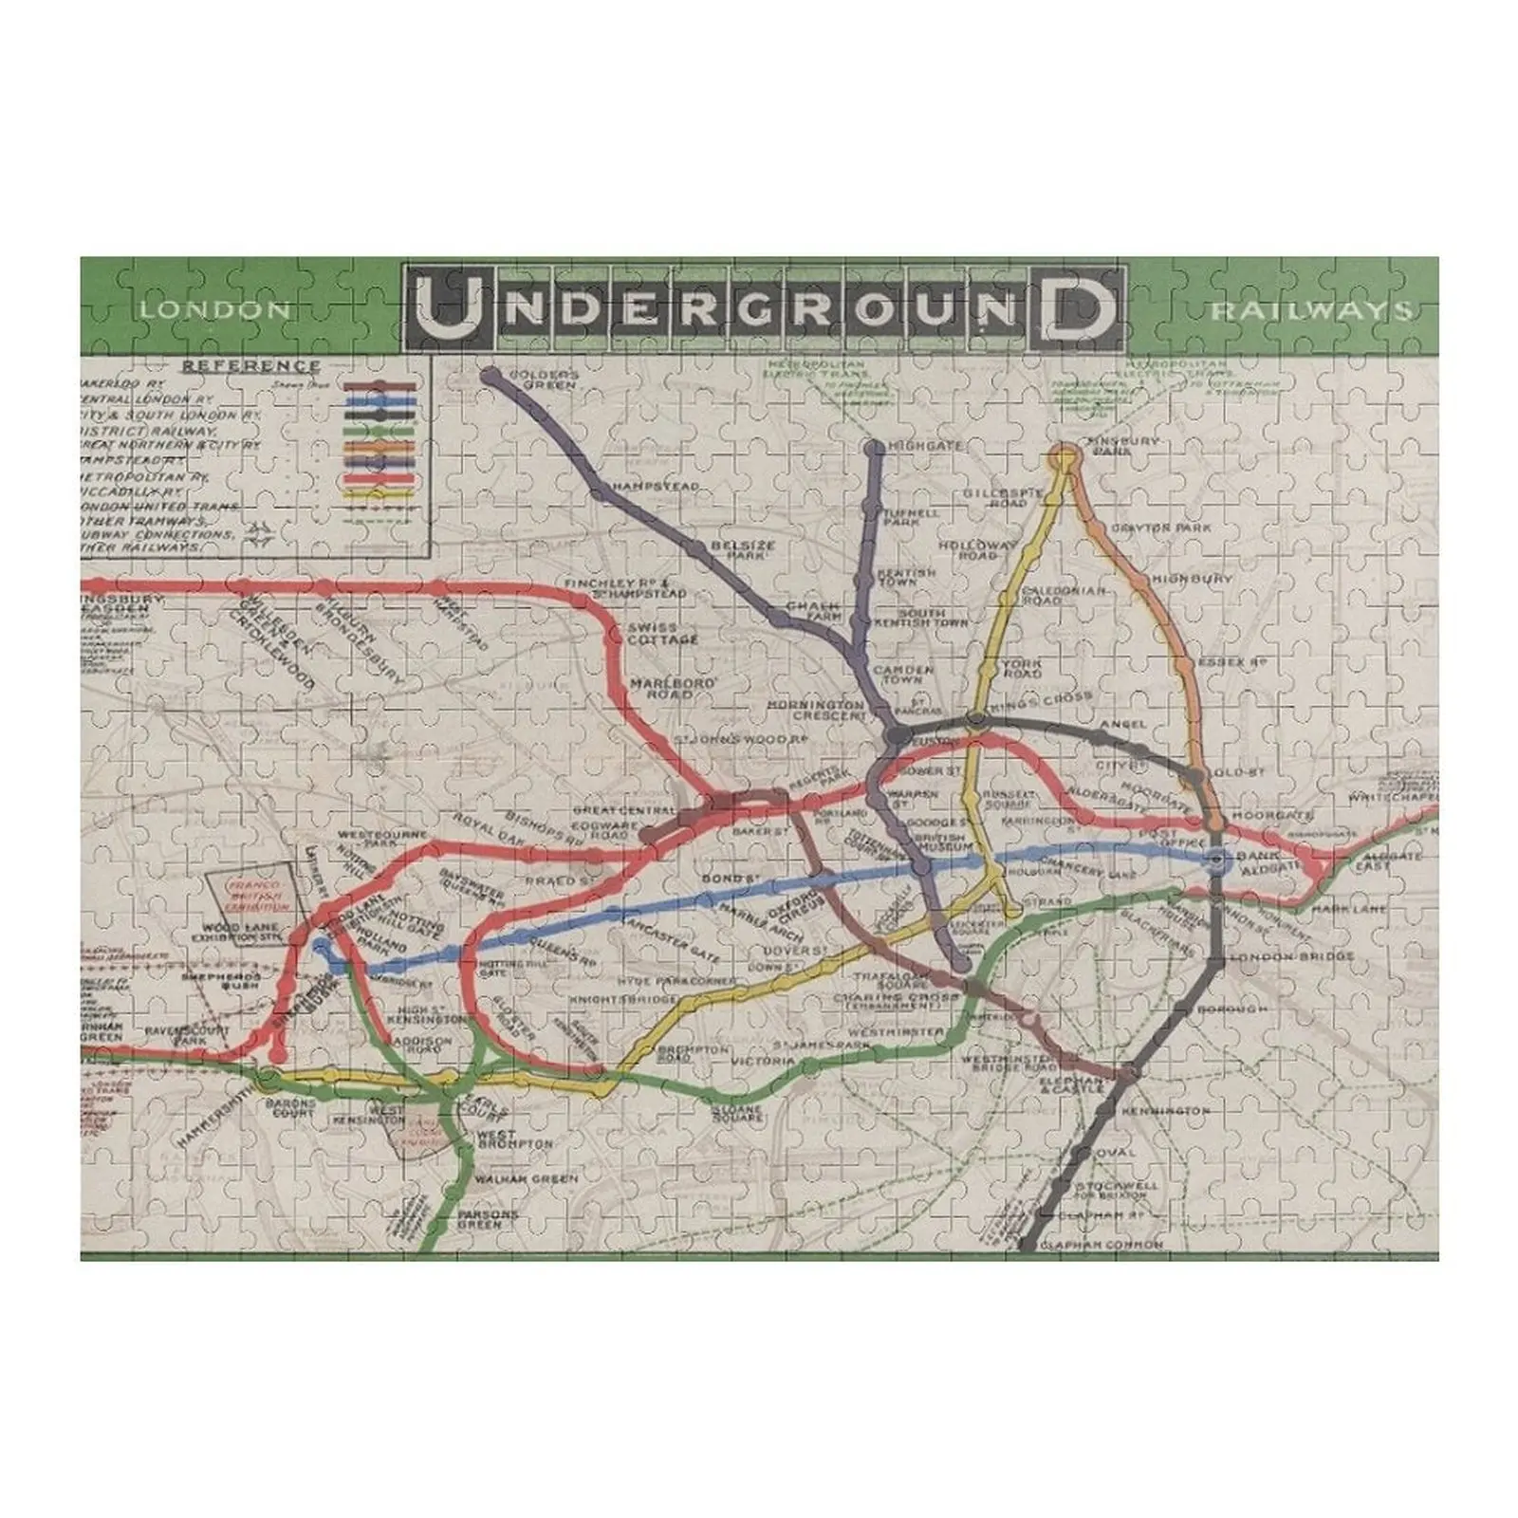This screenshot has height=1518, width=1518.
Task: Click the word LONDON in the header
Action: click(x=215, y=309)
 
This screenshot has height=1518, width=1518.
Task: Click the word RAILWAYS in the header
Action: click(x=1309, y=311)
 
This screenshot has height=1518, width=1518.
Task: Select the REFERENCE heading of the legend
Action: click(x=251, y=365)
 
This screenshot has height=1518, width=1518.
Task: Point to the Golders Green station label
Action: click(x=543, y=380)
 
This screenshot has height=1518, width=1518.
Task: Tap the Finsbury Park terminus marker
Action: click(x=1064, y=458)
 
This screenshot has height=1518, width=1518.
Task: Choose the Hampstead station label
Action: click(x=656, y=486)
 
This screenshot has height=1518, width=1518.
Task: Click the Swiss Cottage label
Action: click(x=662, y=634)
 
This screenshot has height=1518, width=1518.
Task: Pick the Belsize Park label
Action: click(x=744, y=550)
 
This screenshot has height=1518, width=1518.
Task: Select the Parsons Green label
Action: click(x=488, y=1219)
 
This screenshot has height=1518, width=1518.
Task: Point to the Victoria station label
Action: click(x=762, y=1062)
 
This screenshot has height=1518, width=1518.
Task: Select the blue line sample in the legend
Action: click(x=379, y=400)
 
